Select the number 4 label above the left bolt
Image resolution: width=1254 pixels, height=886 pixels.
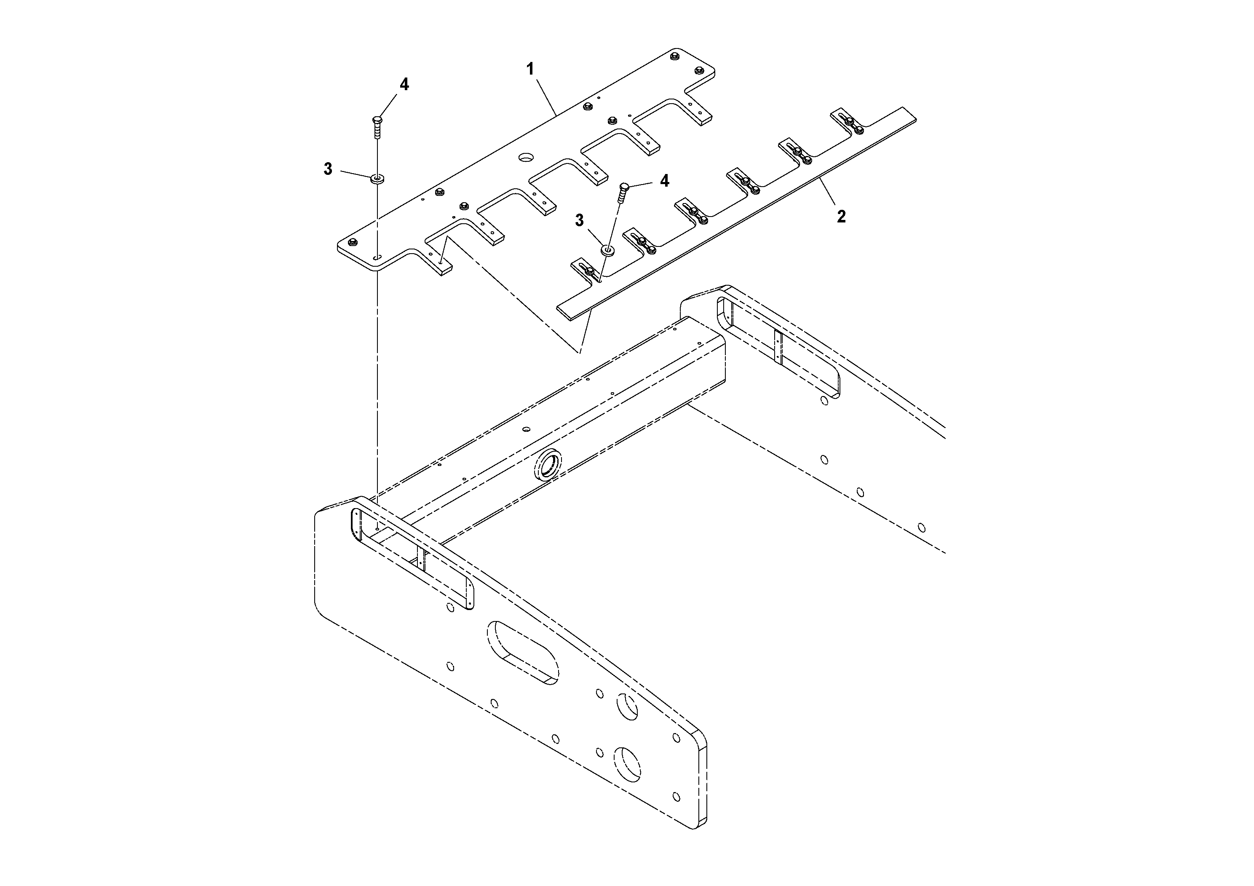404,84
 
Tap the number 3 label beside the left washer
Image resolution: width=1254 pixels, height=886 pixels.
328,169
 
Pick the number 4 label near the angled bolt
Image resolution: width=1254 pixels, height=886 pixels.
664,181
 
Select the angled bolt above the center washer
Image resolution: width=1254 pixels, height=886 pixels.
623,193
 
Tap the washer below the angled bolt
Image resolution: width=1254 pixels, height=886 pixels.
607,250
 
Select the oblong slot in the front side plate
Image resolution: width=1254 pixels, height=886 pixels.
523,652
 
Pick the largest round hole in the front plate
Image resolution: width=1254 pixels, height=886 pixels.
628,764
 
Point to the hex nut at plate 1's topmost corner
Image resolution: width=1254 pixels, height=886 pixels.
674,55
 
